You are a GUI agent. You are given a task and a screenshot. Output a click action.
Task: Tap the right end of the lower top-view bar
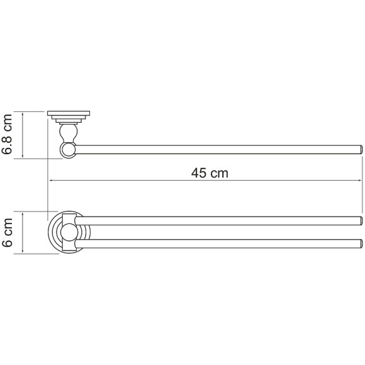[361, 244]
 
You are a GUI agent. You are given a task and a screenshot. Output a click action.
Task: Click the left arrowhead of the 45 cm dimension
[51, 181]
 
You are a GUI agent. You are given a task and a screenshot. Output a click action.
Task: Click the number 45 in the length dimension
[198, 172]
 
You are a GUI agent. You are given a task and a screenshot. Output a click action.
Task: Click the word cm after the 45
[218, 172]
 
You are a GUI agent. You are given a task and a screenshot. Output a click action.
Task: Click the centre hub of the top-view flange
[68, 233]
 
